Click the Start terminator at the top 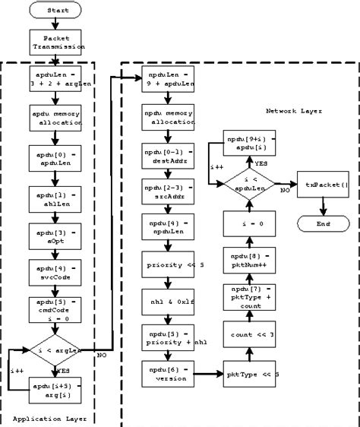(57, 11)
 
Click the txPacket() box (324, 184)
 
